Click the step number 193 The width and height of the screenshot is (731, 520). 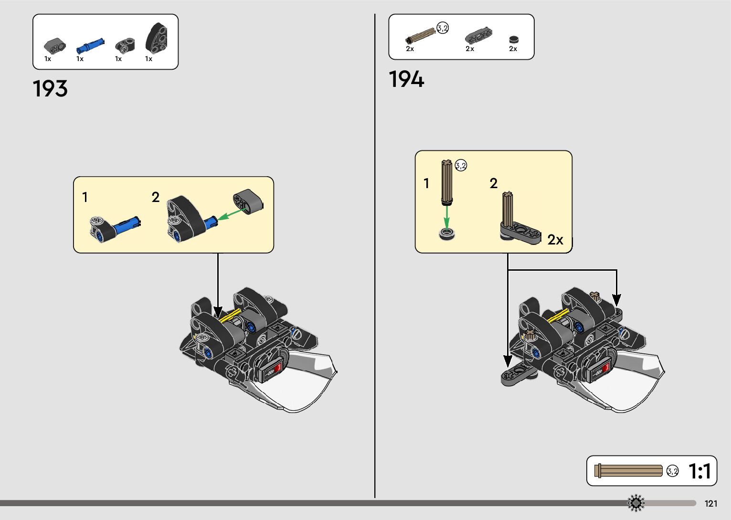(x=50, y=89)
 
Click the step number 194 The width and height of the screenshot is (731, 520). (x=406, y=79)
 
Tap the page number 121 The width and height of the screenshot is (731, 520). (x=710, y=503)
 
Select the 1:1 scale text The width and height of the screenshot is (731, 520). (x=699, y=471)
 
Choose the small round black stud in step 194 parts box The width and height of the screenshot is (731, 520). (x=513, y=40)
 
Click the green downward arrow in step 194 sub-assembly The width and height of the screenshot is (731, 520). (x=446, y=218)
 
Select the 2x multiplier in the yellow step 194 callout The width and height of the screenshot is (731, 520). (x=555, y=240)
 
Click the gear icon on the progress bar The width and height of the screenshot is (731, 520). (x=636, y=503)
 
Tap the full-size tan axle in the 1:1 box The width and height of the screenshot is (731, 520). (x=629, y=471)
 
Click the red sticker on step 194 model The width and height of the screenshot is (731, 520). (x=605, y=368)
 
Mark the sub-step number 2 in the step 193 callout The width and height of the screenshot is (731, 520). (x=156, y=197)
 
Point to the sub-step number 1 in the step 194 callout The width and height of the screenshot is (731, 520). (x=426, y=183)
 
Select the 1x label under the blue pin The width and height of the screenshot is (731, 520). (x=80, y=59)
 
